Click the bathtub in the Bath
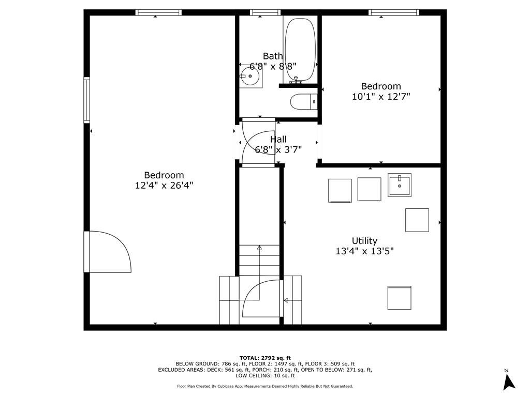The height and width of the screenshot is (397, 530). coord(300,50)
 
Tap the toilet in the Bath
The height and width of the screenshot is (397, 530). coord(302,102)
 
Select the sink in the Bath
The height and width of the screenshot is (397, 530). coord(251,77)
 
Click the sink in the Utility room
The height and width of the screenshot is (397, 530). coord(400,185)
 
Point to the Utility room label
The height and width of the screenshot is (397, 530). coord(364,241)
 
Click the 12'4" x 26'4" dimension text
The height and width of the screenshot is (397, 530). coord(164,186)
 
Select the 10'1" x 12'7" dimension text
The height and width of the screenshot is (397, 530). coord(381,97)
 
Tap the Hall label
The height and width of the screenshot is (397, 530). coord(278,140)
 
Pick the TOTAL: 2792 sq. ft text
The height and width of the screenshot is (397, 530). coord(265,358)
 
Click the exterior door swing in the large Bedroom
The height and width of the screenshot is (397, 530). coord(109,252)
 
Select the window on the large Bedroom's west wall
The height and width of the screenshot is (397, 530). coord(87,99)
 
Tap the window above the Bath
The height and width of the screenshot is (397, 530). coord(265,12)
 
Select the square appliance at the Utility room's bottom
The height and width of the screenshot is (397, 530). coord(400,298)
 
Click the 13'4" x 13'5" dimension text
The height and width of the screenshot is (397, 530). coord(364,252)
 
